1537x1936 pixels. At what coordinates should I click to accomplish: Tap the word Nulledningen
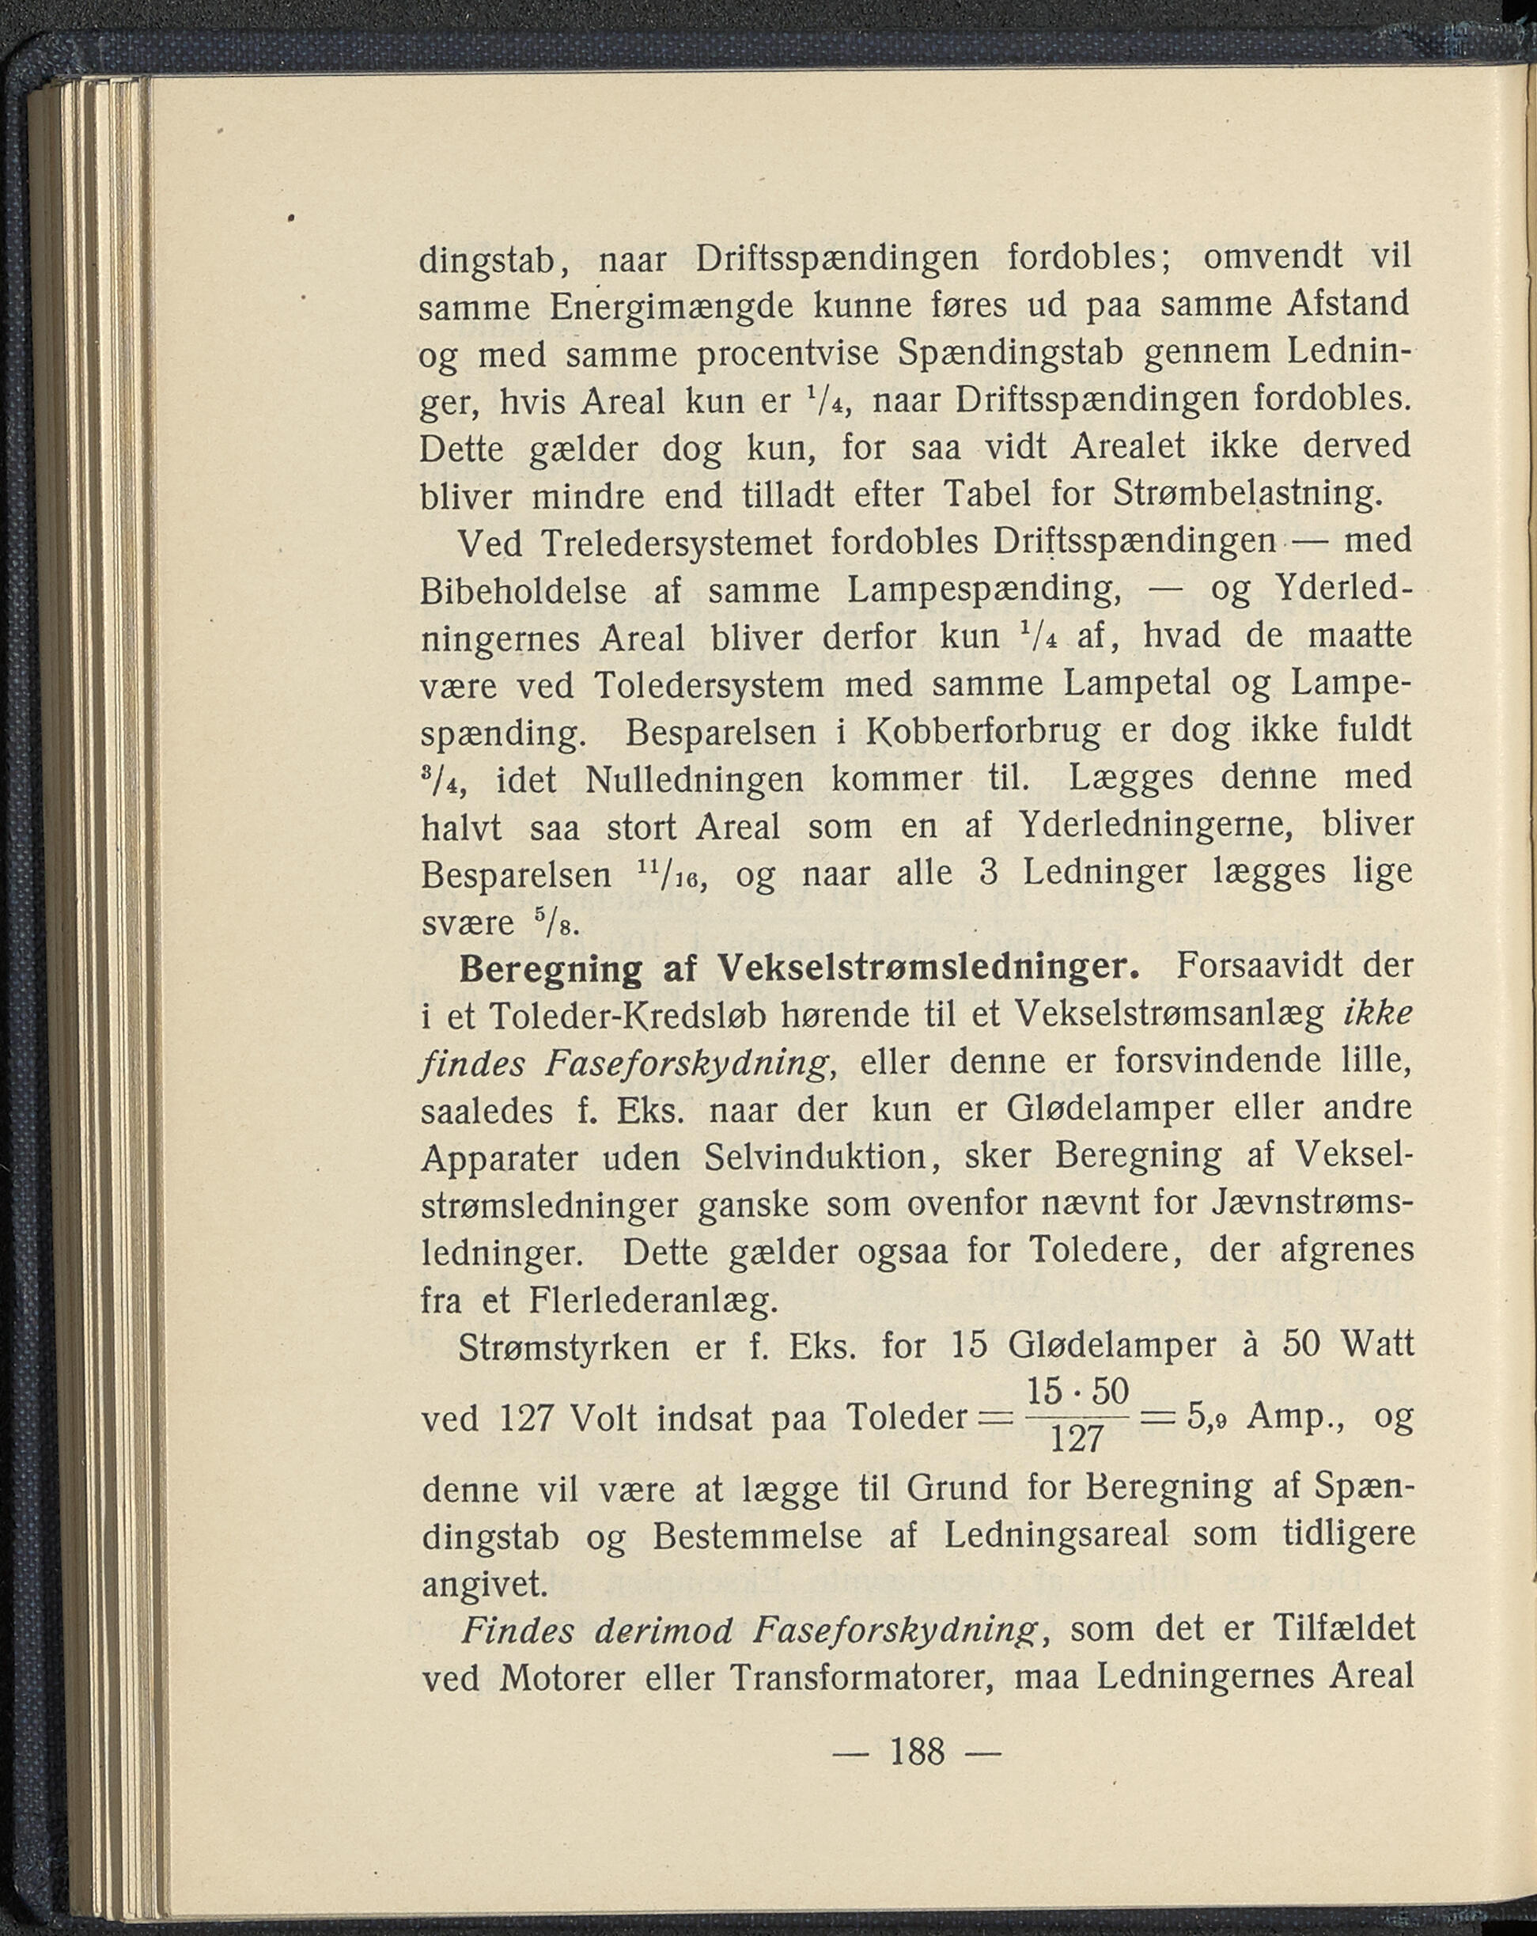(x=695, y=779)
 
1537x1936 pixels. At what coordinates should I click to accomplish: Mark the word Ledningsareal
(x=1057, y=1536)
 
